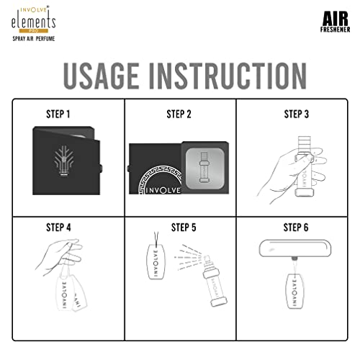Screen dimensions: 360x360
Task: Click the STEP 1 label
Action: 58,114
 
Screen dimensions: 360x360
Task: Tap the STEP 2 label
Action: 179,114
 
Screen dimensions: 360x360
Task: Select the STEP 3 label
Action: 297,114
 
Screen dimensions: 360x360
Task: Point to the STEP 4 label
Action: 58,228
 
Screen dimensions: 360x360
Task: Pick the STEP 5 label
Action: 184,228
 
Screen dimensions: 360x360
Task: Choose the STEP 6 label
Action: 296,228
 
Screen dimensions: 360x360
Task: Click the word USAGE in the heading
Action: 102,76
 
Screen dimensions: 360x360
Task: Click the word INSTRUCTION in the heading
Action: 228,76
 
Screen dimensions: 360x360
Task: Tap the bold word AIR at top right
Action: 336,19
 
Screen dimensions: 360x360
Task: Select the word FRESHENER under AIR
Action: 335,30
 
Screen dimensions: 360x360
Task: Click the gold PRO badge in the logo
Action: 34,31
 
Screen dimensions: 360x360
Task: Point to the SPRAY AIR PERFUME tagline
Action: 34,39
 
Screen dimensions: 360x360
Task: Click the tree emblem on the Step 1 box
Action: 63,161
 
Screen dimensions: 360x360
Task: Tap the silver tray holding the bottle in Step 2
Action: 205,168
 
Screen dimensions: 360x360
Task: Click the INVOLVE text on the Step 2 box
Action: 163,190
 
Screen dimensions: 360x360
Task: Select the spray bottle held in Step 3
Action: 304,166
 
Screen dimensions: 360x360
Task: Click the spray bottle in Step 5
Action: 215,281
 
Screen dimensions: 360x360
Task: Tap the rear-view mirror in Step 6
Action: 295,248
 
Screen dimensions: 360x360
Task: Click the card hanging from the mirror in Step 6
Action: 295,291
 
